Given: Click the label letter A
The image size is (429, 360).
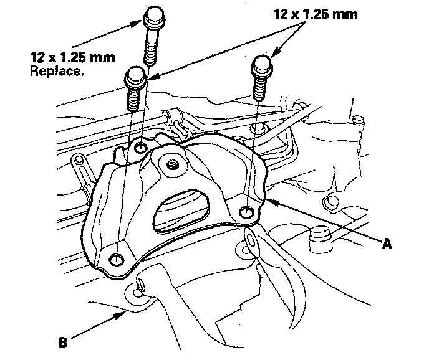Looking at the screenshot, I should pyautogui.click(x=387, y=244).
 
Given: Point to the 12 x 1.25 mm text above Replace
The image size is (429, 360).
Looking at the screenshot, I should pyautogui.click(x=68, y=58).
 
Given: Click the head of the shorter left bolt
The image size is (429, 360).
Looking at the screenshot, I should pyautogui.click(x=135, y=78).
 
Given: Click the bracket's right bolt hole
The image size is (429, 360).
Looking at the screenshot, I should pyautogui.click(x=247, y=212).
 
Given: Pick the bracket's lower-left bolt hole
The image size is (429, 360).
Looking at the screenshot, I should pyautogui.click(x=116, y=258).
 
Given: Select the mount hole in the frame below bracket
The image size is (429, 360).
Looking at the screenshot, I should pyautogui.click(x=140, y=287).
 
